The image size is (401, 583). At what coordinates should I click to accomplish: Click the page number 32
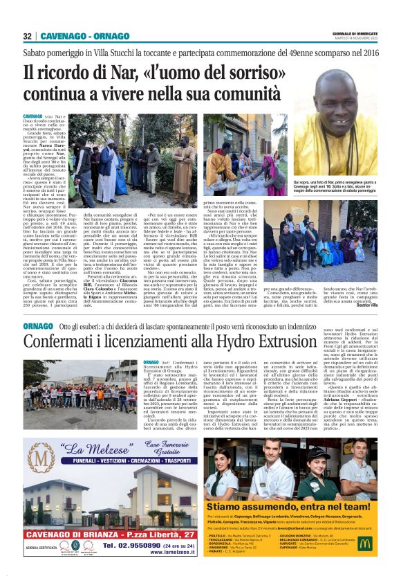27,36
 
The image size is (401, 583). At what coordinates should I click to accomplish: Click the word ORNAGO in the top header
110,36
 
